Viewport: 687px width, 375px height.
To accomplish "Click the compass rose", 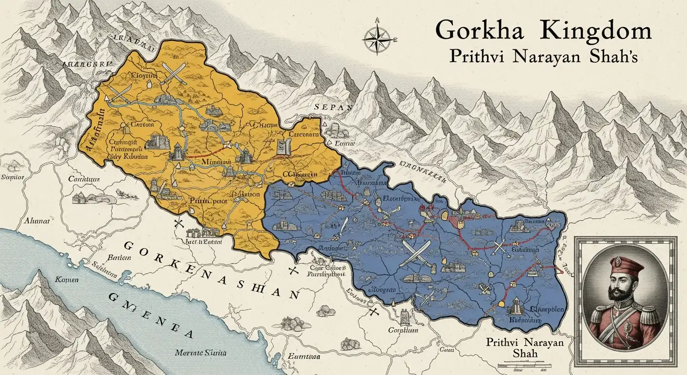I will (x=377, y=37).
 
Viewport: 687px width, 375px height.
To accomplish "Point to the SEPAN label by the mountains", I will (x=333, y=107).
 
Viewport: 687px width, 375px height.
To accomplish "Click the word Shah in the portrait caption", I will (x=525, y=353).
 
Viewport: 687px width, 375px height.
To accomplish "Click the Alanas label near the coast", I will (x=40, y=220).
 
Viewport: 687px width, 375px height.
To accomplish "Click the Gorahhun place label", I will (x=403, y=330).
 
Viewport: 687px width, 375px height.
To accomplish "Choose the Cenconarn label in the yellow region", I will (x=304, y=134).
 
